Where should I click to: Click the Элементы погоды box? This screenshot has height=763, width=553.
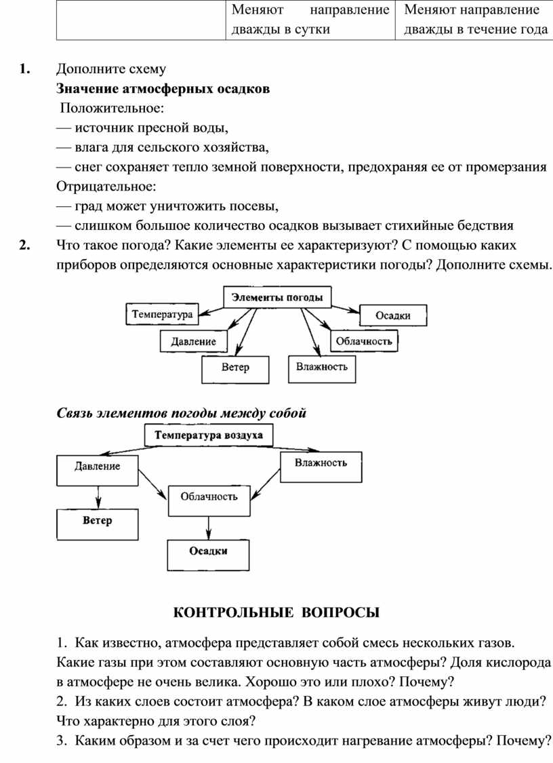277,296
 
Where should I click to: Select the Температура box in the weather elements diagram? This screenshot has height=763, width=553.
162,314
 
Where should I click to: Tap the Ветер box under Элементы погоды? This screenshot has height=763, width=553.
235,368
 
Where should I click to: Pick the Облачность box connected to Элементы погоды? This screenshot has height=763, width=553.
364,341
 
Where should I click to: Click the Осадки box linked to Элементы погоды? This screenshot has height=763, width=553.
393,315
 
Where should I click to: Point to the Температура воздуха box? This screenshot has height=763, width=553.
208,435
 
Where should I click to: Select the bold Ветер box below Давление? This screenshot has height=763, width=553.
98,522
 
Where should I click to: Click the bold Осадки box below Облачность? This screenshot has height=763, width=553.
208,552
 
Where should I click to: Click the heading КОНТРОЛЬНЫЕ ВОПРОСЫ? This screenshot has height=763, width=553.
277,613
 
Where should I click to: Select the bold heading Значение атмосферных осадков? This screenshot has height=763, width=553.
163,88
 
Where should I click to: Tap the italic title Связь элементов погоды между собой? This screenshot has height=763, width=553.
181,413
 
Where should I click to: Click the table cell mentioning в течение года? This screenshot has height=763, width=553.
474,20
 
